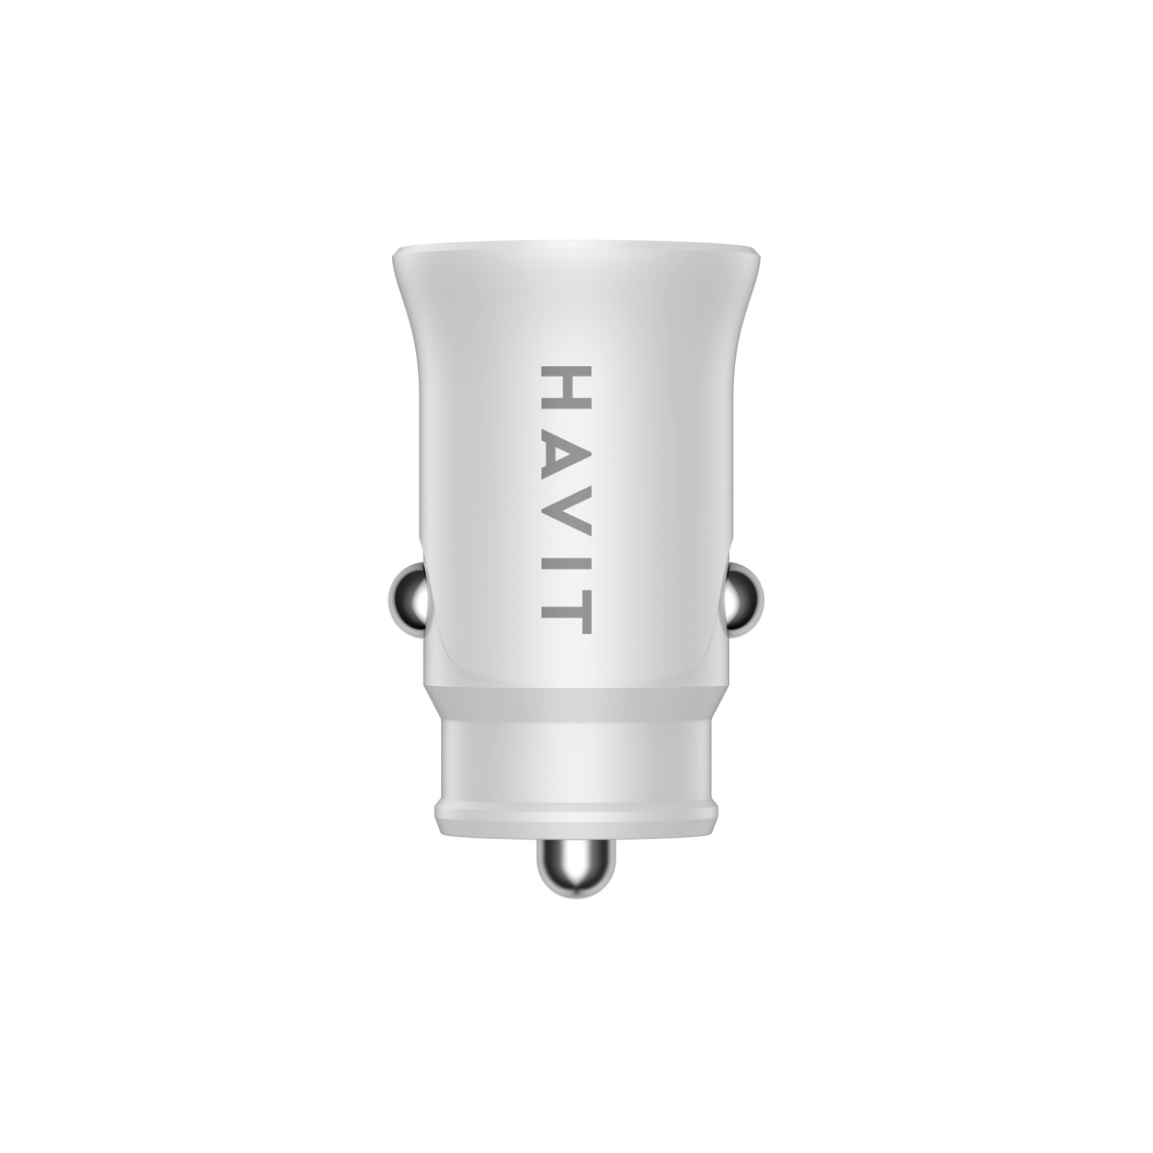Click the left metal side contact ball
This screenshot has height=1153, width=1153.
408,592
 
